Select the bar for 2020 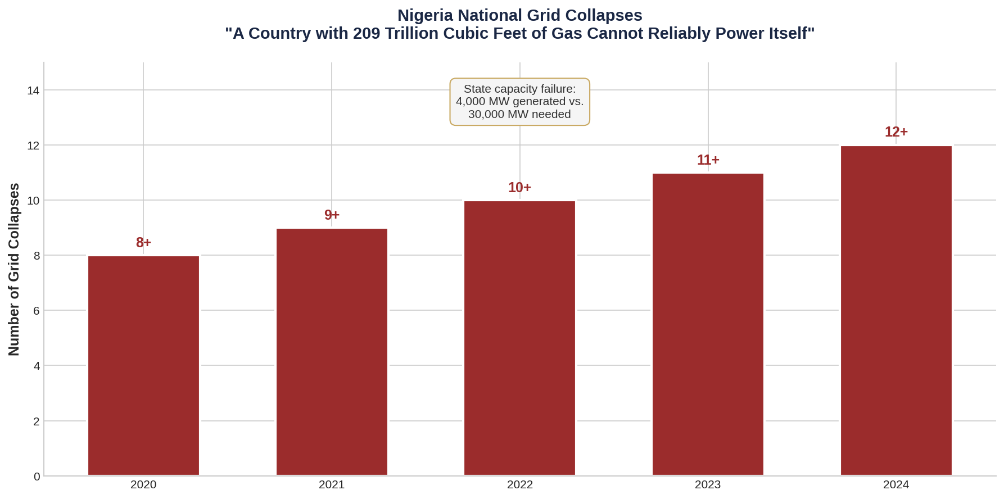pos(143,365)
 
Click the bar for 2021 pos(332,352)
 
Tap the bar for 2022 pos(519,338)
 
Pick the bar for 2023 pos(708,324)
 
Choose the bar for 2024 pos(896,310)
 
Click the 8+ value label pos(143,243)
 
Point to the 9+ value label pos(332,215)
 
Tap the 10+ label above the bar pos(519,188)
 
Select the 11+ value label pos(708,160)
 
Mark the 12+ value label pos(896,132)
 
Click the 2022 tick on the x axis pos(519,485)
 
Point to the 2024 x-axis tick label pos(896,485)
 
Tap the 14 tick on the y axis pos(33,90)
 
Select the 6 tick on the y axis pos(37,311)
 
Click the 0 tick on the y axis pos(37,477)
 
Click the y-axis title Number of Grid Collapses pos(14,269)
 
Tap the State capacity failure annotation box pos(519,102)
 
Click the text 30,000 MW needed pos(519,115)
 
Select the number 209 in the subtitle pos(366,34)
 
